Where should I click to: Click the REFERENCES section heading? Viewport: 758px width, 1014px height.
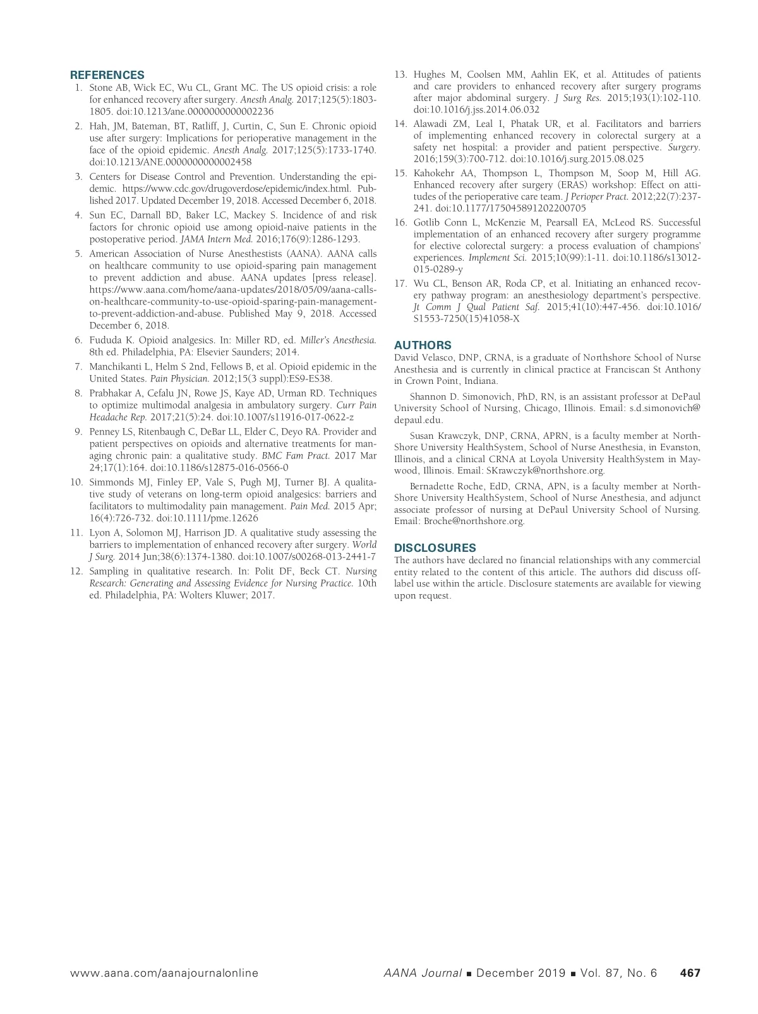(107, 75)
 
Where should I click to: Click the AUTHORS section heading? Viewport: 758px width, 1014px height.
(423, 345)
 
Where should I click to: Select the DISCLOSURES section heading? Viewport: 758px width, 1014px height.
(435, 548)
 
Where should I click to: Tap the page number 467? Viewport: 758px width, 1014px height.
(690, 973)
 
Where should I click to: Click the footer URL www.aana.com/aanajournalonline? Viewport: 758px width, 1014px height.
(164, 973)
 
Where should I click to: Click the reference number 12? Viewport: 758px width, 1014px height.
(76, 571)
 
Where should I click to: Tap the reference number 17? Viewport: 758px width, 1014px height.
(400, 283)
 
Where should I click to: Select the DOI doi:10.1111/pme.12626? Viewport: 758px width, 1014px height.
(207, 518)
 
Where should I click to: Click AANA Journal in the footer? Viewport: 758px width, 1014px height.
(422, 973)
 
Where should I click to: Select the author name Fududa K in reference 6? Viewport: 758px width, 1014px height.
(111, 340)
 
